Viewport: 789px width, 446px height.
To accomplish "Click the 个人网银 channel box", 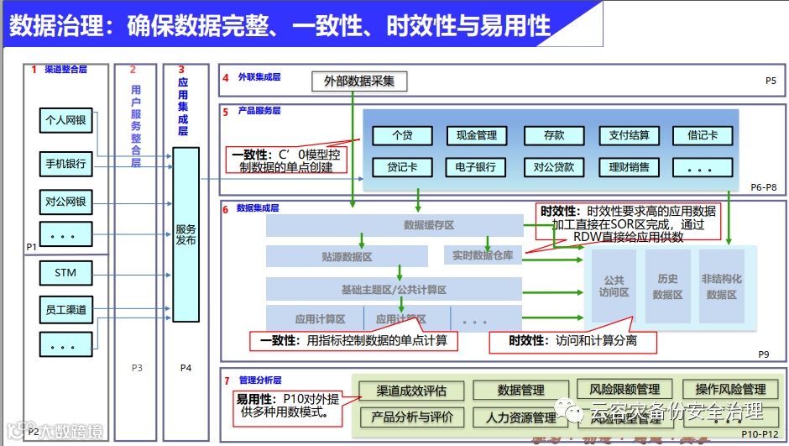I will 65,120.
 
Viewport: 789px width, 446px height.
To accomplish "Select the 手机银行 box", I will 65,164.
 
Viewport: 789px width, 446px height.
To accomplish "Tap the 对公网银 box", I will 65,202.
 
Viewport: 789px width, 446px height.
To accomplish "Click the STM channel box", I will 65,273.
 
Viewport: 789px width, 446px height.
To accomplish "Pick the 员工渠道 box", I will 65,310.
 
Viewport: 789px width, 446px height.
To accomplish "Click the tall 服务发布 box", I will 185,234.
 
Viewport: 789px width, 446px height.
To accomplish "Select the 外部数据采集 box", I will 359,81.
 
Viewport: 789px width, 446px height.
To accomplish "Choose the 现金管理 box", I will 477,135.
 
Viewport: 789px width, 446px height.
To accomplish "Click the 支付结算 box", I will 629,135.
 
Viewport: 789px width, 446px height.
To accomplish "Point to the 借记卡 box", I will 703,135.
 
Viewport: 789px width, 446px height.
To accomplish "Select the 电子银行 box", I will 477,167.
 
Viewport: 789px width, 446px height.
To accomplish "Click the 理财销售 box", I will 629,167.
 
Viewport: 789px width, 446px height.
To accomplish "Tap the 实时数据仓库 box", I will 483,255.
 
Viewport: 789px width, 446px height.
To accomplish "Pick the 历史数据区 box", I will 668,286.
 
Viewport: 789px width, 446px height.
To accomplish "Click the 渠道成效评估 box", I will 411,391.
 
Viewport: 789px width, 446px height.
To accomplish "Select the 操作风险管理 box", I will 730,389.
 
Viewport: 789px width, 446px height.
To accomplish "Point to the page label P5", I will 771,81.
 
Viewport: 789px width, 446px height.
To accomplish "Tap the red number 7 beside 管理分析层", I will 227,380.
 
